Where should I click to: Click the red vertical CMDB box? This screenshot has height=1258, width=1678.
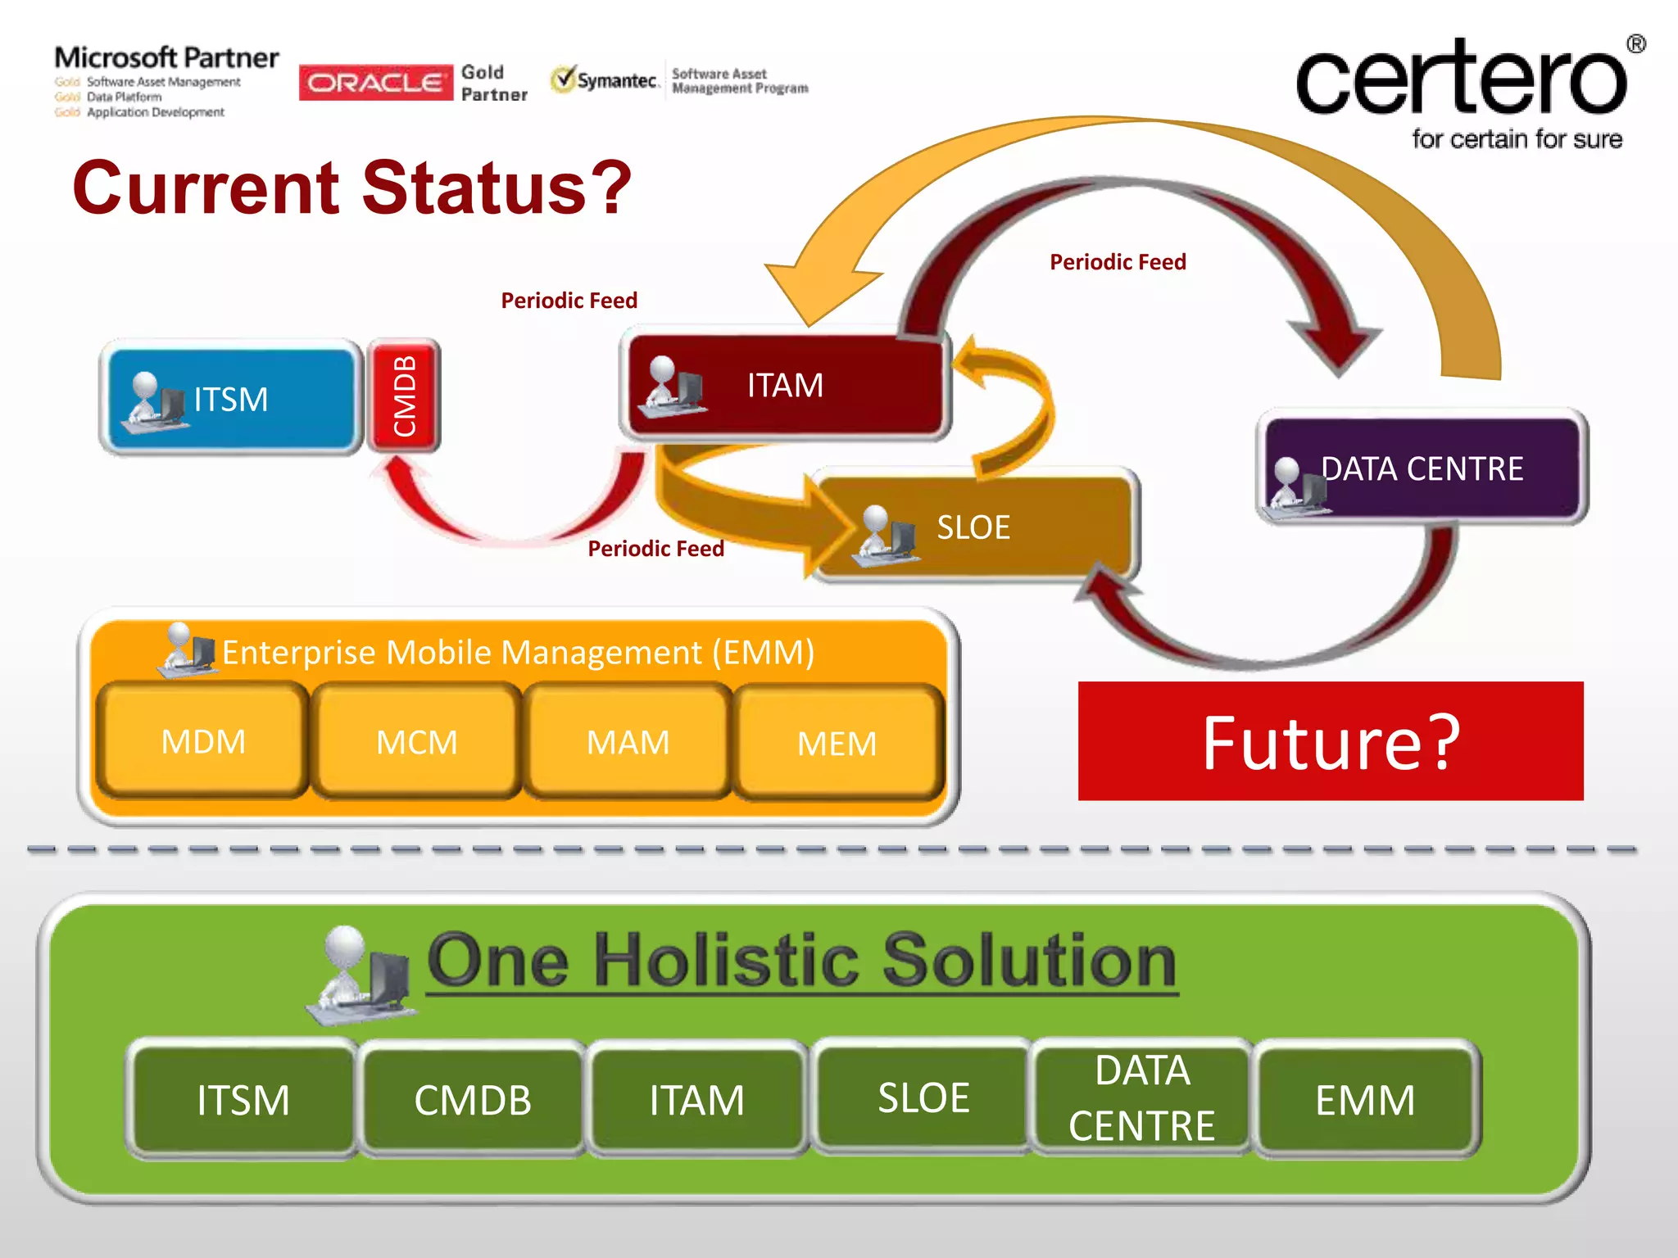[404, 396]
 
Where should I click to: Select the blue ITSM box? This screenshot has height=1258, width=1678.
[231, 399]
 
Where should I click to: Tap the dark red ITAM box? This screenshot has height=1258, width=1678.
[785, 385]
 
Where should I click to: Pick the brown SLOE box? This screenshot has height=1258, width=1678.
[973, 527]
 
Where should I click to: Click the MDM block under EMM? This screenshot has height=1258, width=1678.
[202, 741]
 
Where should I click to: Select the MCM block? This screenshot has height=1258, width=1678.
[416, 742]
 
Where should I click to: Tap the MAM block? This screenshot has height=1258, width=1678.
[628, 742]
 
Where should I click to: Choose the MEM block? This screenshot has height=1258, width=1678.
[837, 744]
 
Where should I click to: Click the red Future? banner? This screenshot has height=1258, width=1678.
[1330, 741]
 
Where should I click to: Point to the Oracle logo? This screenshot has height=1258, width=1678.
[376, 83]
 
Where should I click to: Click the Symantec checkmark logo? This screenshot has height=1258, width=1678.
[564, 79]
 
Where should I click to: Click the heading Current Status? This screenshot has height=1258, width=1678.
[352, 188]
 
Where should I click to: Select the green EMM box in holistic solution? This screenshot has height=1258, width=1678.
[1365, 1099]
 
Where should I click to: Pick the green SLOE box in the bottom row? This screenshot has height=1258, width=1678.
[923, 1097]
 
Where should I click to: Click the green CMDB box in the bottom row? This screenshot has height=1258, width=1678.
[473, 1099]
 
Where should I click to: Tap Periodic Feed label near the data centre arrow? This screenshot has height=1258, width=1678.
[1118, 262]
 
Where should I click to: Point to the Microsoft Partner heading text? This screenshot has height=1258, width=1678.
[166, 58]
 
